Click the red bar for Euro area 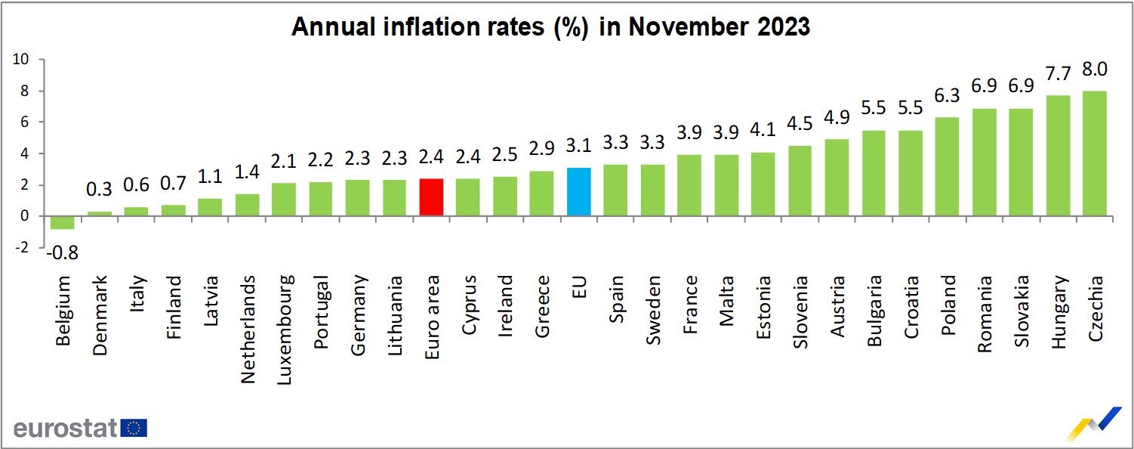click(430, 197)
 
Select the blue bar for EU click(578, 191)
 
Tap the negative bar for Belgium click(62, 222)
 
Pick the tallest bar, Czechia click(1094, 153)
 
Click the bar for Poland click(947, 166)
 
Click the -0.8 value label click(62, 252)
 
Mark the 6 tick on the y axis click(24, 122)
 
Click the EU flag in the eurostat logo click(134, 429)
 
